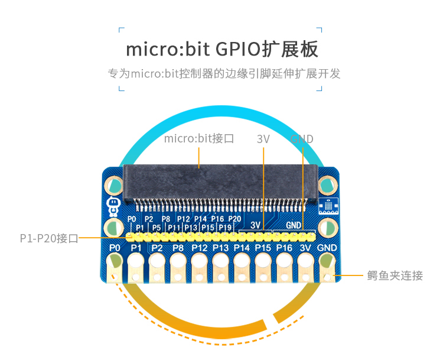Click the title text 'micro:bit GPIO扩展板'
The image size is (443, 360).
[x=221, y=48]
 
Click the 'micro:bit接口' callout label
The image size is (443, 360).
[x=199, y=139]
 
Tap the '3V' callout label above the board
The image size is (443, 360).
[x=263, y=139]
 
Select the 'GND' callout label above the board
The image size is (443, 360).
[x=302, y=139]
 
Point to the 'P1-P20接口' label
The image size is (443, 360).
[x=48, y=238]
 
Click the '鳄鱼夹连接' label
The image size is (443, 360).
[x=395, y=275]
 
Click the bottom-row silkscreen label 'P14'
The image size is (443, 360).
[x=242, y=248]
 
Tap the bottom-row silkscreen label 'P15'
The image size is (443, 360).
[x=263, y=248]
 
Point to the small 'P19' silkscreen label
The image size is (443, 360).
[x=225, y=228]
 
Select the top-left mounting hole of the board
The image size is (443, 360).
[x=115, y=186]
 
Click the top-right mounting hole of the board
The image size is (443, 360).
[x=327, y=186]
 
